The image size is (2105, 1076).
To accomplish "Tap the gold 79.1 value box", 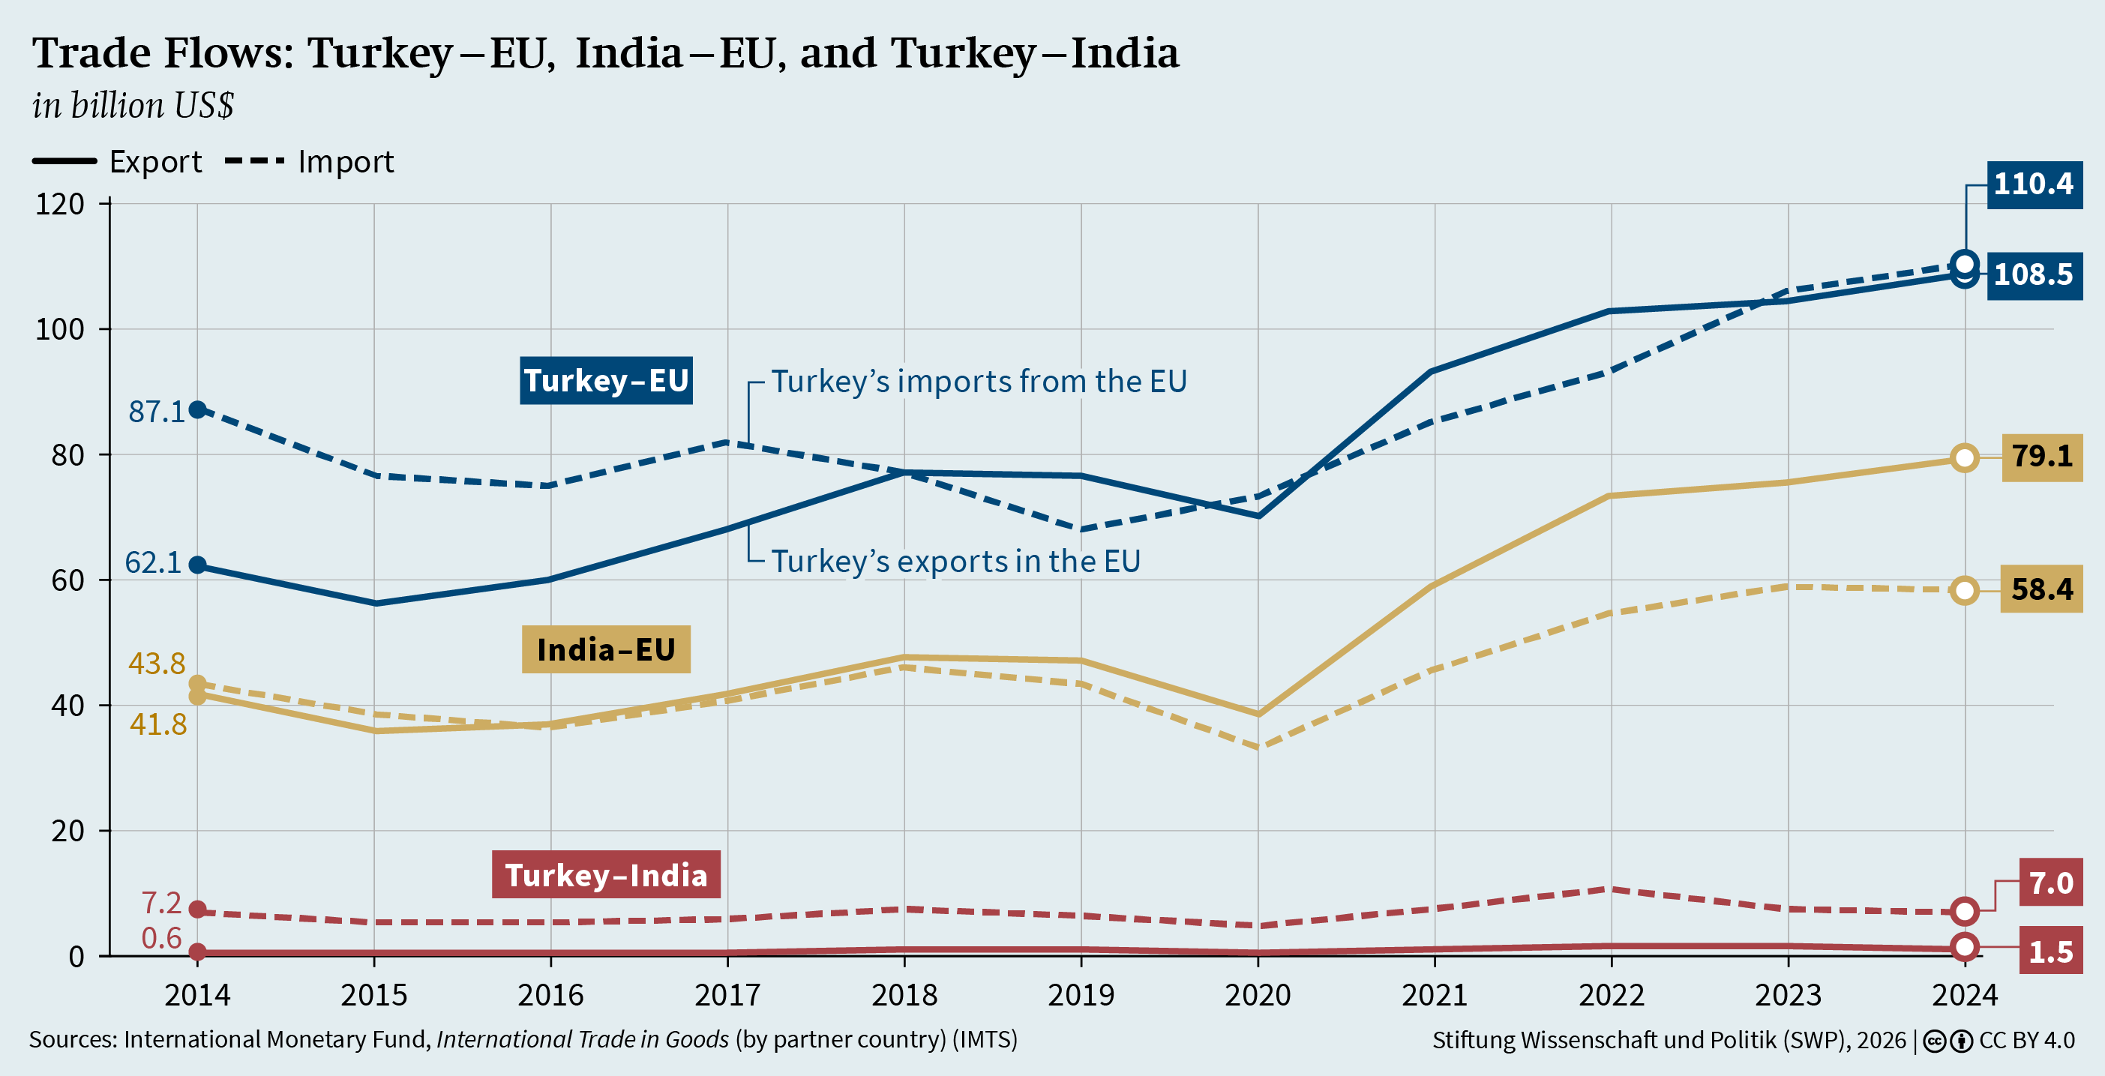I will click(x=2041, y=457).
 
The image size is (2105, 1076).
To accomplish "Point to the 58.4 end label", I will click(x=2041, y=590).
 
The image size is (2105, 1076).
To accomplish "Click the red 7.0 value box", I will click(x=2050, y=883).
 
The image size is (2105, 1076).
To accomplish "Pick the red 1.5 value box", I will click(x=2050, y=952).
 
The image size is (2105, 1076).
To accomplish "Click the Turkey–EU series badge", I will click(x=605, y=381).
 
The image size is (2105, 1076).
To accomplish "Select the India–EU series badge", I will click(x=605, y=649).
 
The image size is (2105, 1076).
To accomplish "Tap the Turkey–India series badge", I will click(x=605, y=875).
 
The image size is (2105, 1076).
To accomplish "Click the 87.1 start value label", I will click(x=156, y=412).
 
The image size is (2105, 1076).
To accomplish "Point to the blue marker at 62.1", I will click(x=198, y=565).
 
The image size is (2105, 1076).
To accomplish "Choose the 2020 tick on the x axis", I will click(x=1257, y=995).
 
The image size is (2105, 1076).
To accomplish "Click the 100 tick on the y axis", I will click(x=60, y=329).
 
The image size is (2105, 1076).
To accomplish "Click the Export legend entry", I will click(x=118, y=162).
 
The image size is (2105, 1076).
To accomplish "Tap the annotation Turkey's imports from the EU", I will click(x=978, y=382).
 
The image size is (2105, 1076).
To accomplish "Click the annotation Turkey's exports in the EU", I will click(x=955, y=562).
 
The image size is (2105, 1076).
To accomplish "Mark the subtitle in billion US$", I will click(x=133, y=106).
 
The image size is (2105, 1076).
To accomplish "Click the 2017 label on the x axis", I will click(x=727, y=995).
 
